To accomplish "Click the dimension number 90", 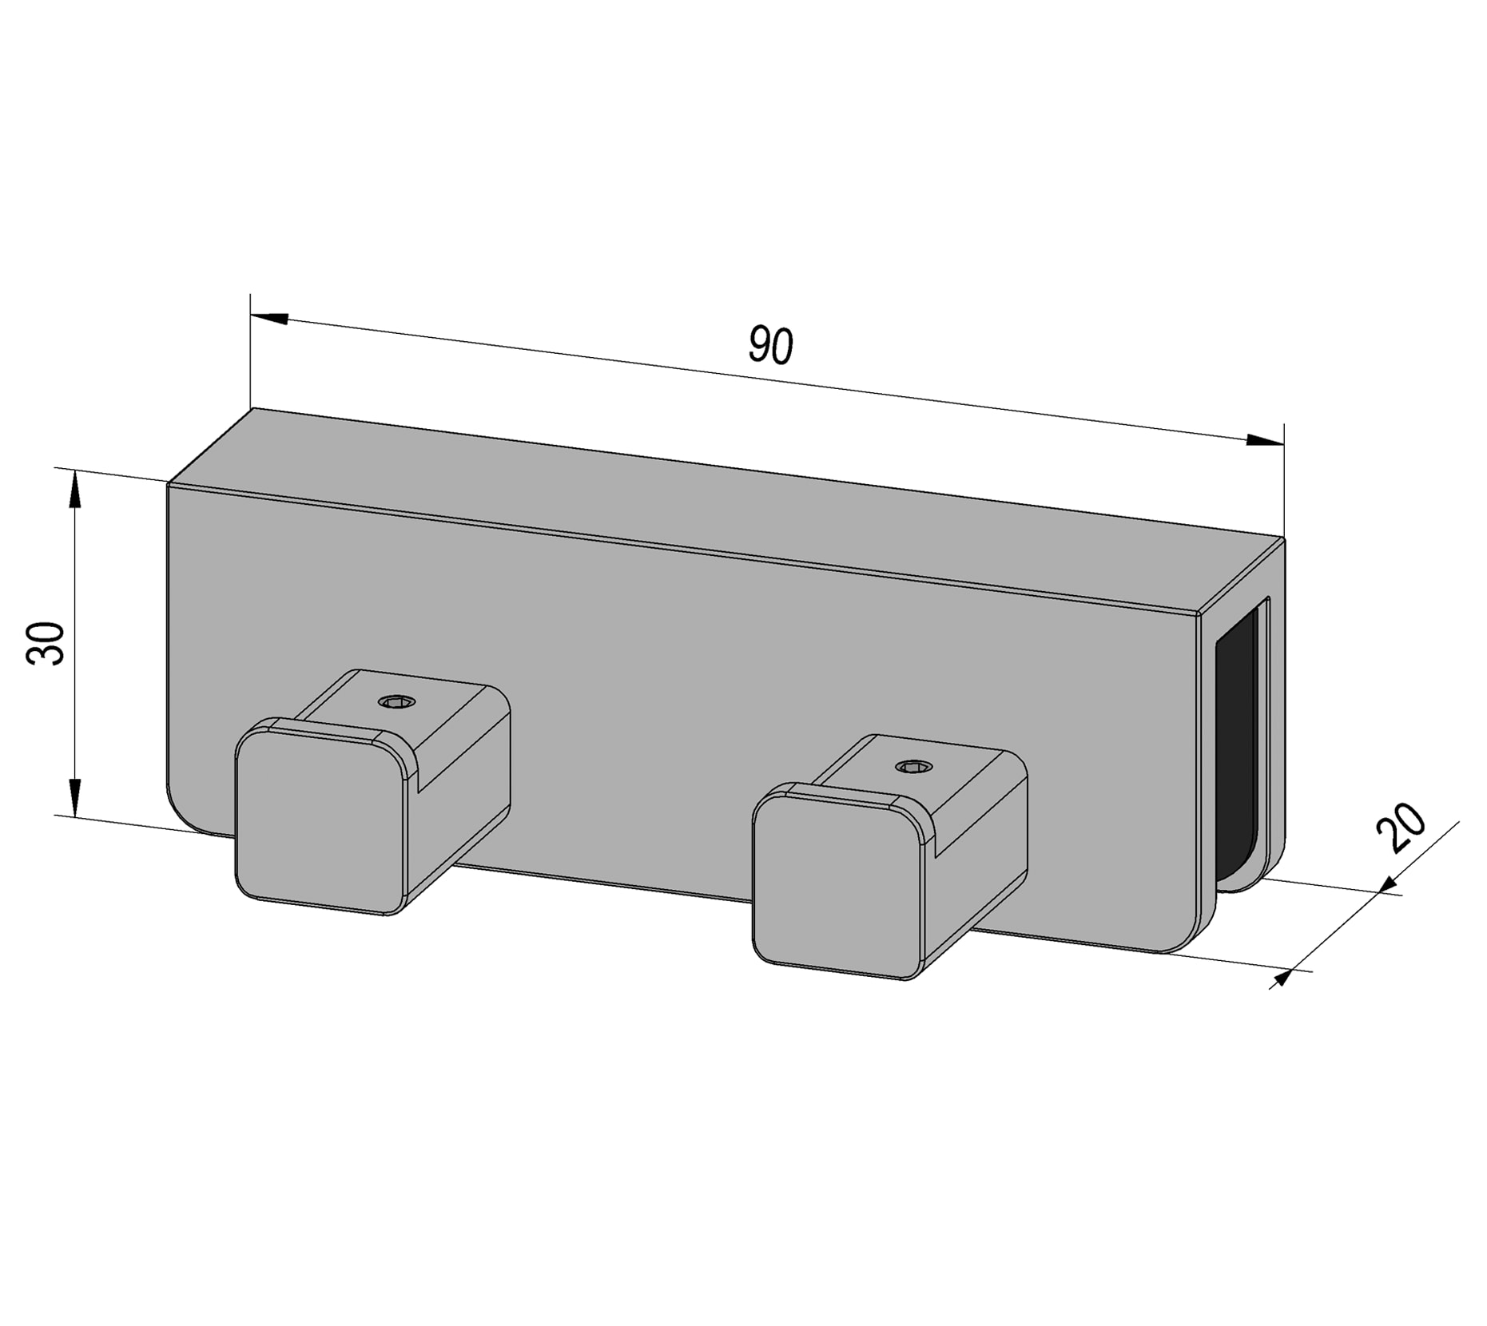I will pos(770,345).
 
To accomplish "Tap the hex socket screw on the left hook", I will pos(397,702).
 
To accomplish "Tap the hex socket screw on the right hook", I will pos(913,768).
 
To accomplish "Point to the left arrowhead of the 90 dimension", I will pos(270,318).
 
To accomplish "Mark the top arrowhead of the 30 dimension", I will pos(74,488).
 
